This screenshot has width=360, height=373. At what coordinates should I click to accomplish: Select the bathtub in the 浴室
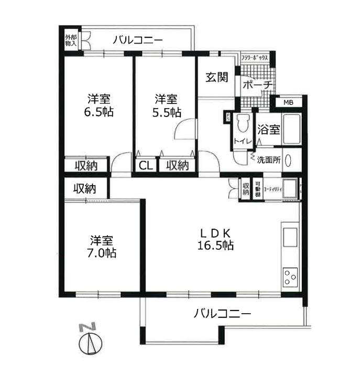pos(290,129)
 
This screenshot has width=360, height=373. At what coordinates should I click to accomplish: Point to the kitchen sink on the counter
pos(289,237)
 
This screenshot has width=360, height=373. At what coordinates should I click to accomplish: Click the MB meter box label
pos(288,102)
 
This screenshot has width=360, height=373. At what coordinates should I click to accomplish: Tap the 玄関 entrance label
pos(216,78)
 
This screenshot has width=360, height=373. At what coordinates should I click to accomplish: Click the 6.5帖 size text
pos(99,112)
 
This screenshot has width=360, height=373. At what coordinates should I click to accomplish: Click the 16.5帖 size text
pos(215,245)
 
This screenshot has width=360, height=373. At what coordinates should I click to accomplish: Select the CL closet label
pos(146,166)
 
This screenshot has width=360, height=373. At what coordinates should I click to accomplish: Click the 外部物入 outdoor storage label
pos(71,41)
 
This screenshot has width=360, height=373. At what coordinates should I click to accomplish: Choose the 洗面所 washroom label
pos(269,159)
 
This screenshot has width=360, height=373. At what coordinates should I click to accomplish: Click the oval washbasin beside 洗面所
pos(288,160)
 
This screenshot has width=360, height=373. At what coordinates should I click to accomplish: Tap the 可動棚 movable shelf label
pos(257,189)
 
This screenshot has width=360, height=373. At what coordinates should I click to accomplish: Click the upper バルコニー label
pos(137,39)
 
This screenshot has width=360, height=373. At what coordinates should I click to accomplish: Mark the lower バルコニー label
pos(222,314)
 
